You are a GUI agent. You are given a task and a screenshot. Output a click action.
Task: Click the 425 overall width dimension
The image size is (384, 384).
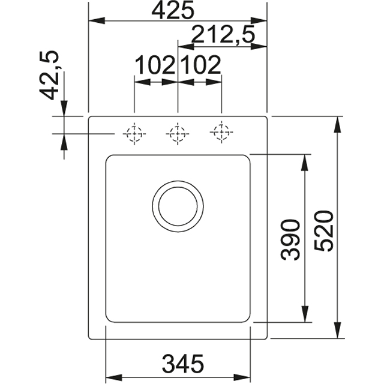click(x=173, y=10)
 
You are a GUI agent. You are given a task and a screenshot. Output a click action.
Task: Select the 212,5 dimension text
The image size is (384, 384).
click(x=223, y=34)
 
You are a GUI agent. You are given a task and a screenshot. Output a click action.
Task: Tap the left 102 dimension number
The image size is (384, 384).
click(x=155, y=65)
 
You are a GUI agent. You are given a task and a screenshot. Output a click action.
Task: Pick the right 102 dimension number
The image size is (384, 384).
click(x=201, y=65)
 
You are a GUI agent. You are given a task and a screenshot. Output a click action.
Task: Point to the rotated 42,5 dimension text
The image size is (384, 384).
click(x=49, y=75)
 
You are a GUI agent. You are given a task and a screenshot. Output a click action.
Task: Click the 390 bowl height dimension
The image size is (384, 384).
click(x=290, y=239)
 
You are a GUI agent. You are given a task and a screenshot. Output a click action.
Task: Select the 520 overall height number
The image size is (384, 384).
click(x=324, y=230)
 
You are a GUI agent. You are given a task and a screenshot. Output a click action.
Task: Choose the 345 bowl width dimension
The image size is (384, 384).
click(x=182, y=363)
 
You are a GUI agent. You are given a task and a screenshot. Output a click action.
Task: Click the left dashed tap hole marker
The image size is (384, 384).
click(x=134, y=134)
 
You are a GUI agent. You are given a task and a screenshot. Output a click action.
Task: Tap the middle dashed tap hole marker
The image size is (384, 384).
click(x=178, y=134)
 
